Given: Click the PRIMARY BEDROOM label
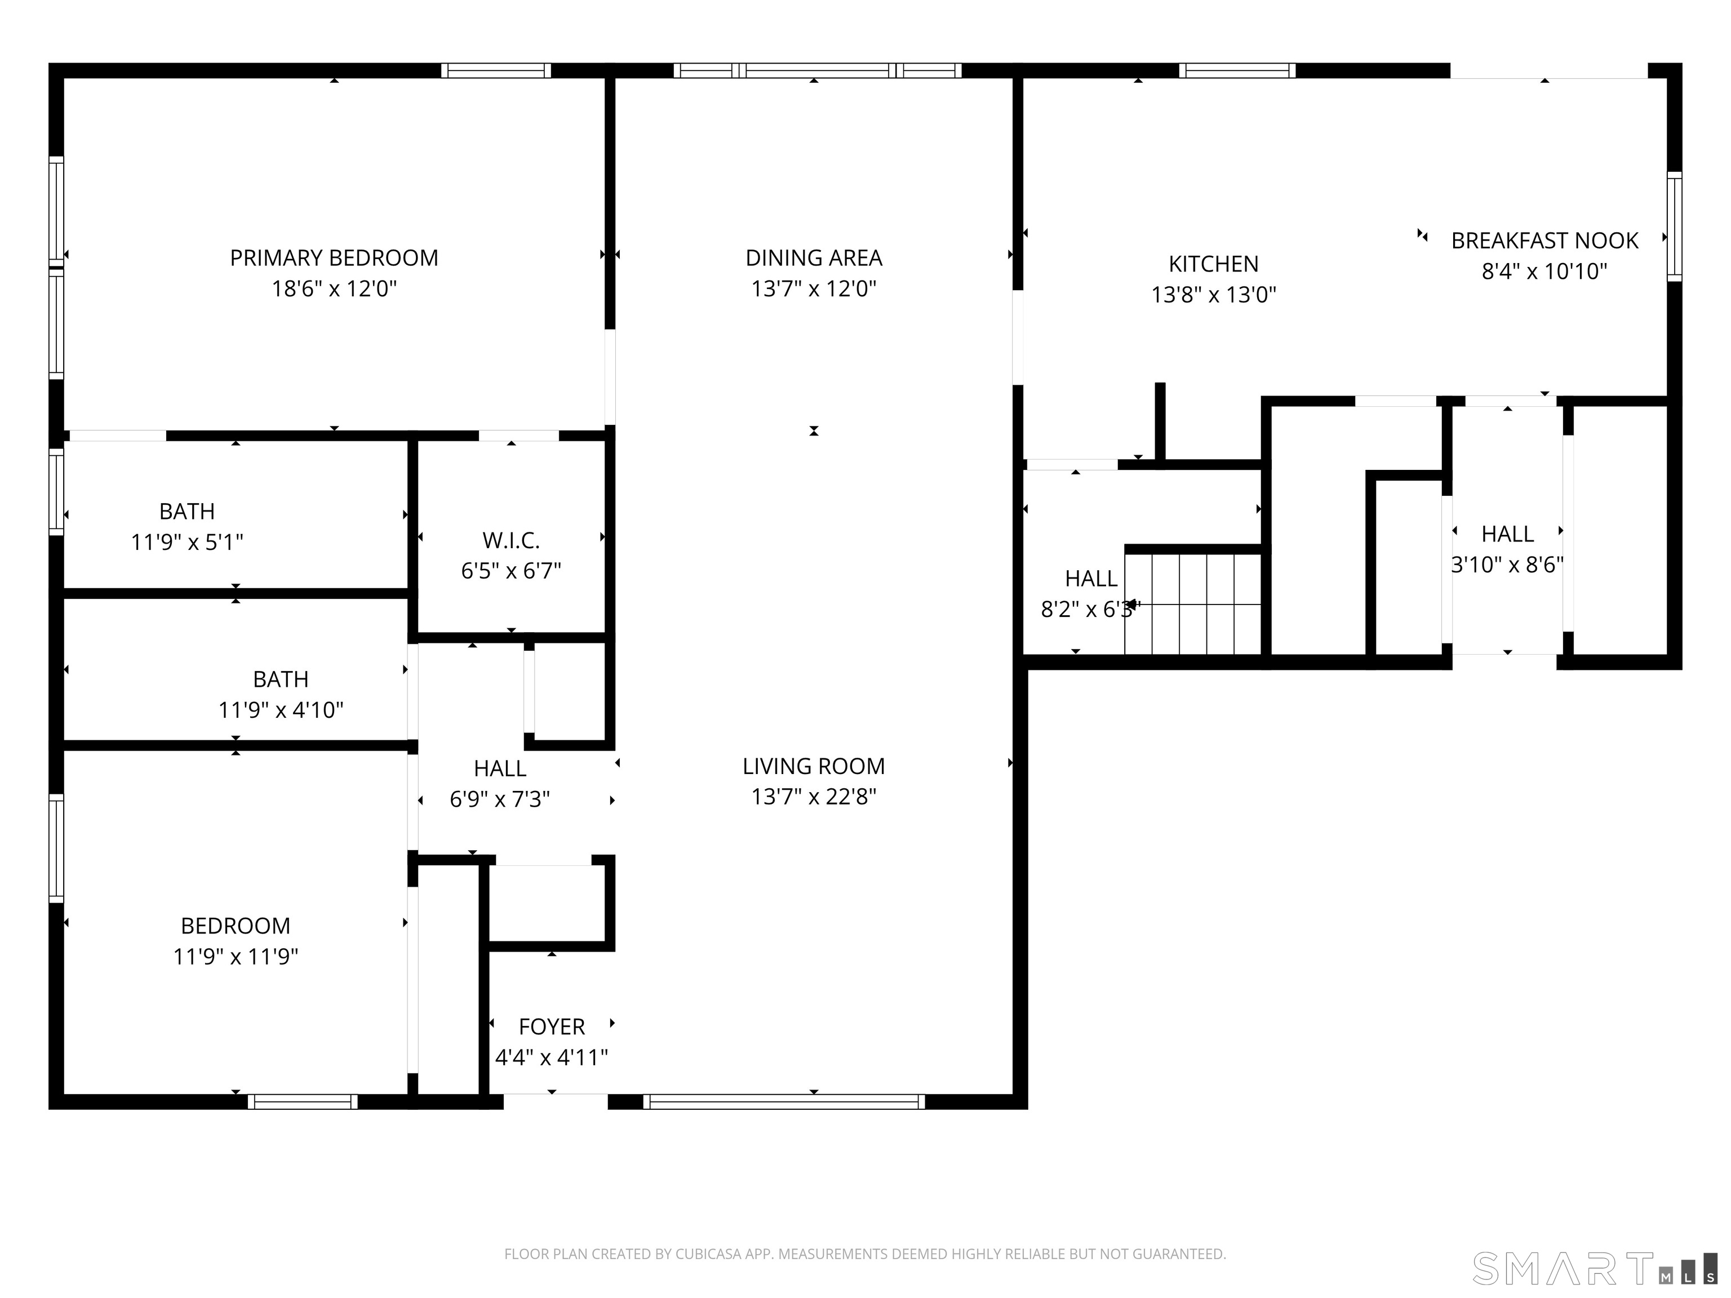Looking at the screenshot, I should click(x=334, y=257).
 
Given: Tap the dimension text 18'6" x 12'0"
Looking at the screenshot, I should click(x=334, y=288).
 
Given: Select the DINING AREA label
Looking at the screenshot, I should click(x=813, y=257).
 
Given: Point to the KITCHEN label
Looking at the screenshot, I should click(x=1213, y=264).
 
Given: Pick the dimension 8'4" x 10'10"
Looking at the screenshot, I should click(x=1544, y=272).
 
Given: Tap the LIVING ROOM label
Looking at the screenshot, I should click(x=813, y=766).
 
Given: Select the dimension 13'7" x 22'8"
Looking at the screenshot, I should click(x=813, y=797).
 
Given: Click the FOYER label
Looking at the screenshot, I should click(x=551, y=1026).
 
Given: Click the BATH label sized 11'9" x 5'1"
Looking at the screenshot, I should click(x=187, y=511).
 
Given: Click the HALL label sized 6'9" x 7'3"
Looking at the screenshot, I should click(x=499, y=768).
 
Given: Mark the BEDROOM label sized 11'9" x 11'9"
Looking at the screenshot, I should click(x=235, y=926).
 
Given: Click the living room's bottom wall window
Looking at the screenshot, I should click(x=783, y=1101).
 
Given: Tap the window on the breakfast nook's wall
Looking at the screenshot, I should click(x=1674, y=227).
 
